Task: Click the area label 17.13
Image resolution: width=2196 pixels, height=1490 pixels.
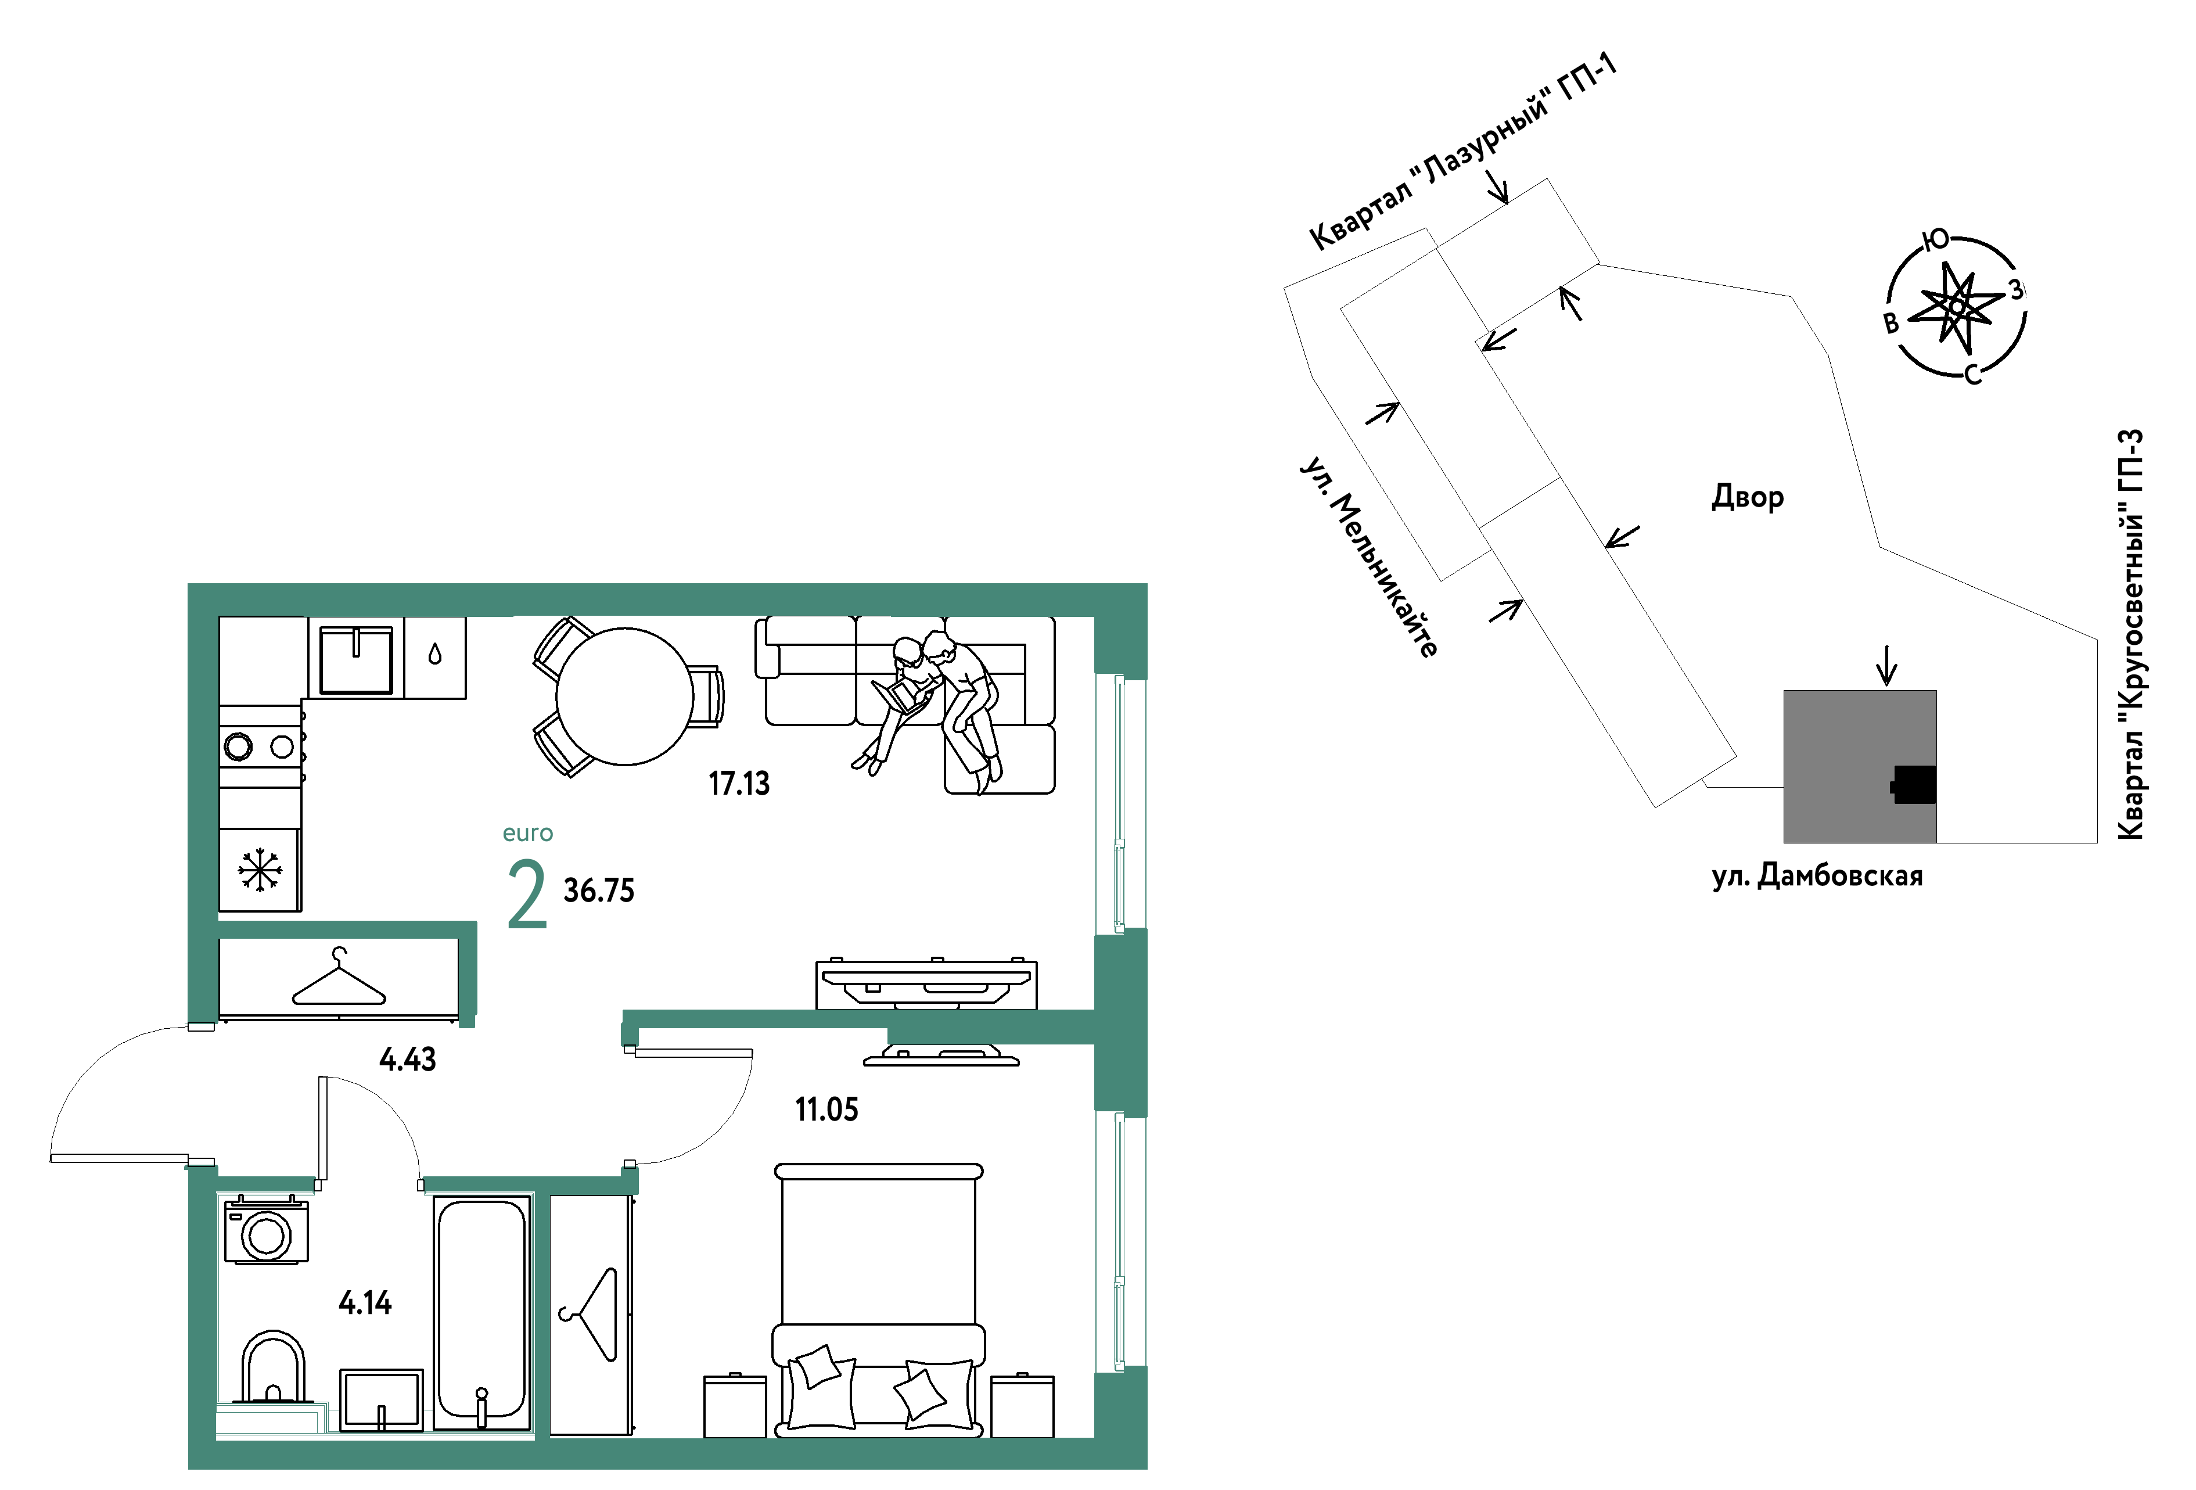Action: [x=739, y=783]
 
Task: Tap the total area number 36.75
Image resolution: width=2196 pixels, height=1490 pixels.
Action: [x=599, y=890]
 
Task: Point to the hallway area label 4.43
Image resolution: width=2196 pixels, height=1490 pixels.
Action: [x=407, y=1059]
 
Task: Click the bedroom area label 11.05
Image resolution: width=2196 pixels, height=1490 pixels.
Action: [x=827, y=1110]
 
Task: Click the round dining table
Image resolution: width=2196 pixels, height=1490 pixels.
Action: [x=624, y=696]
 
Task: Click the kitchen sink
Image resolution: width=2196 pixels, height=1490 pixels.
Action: [x=355, y=659]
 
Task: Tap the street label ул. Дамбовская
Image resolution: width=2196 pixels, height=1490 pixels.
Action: [x=1817, y=876]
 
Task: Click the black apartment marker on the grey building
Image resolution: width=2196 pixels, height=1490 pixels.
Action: [x=1914, y=784]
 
